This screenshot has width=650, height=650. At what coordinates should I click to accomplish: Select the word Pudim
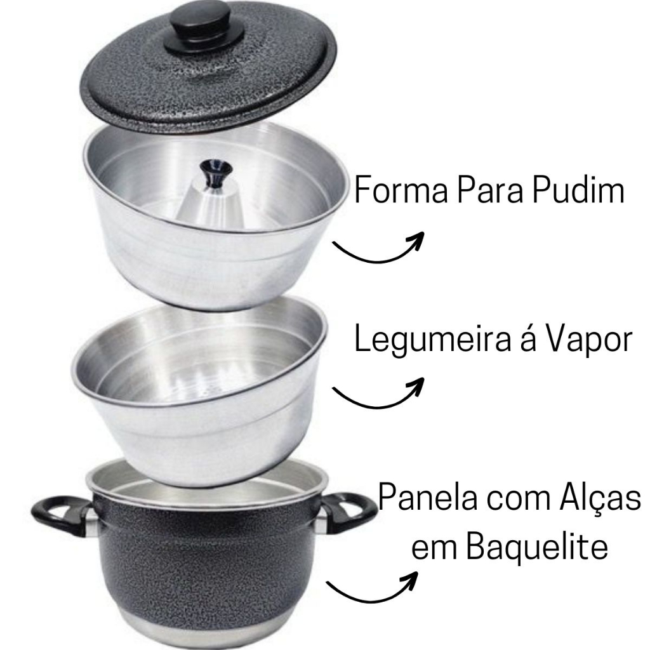(579, 190)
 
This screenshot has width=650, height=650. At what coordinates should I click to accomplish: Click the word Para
(490, 190)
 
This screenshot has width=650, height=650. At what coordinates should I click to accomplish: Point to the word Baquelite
(537, 547)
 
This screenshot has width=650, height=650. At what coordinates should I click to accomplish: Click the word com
(518, 499)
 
